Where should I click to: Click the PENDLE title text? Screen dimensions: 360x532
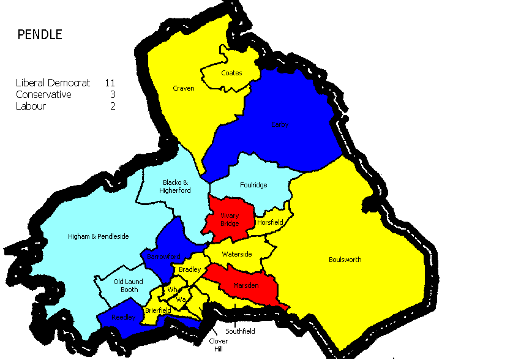point(39,35)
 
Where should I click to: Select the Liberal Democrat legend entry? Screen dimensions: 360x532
point(53,83)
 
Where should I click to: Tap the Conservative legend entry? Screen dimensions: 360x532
point(43,94)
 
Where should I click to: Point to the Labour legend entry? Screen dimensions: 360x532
point(31,106)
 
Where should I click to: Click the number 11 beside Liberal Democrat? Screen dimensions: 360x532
point(110,83)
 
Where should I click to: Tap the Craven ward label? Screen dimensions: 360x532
point(184,88)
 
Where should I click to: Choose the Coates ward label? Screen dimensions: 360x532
point(232,73)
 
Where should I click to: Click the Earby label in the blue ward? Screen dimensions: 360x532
point(279,125)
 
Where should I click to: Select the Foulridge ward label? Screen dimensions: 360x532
point(253,185)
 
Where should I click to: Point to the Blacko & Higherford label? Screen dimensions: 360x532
point(177,186)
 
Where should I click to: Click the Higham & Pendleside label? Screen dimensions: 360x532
point(98,236)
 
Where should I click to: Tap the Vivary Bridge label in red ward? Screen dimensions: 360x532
point(230,219)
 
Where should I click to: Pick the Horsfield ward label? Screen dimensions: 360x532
point(270,222)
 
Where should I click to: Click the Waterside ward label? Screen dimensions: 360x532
point(237,254)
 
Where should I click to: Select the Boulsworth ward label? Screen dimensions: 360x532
point(345,260)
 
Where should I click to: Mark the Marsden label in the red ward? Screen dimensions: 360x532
point(245,285)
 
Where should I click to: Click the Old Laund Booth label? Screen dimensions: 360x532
point(129,285)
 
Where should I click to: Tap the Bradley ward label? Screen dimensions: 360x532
point(190,269)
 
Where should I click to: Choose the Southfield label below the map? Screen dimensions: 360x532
point(240,331)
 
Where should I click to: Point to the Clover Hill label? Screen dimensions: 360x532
point(219,345)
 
